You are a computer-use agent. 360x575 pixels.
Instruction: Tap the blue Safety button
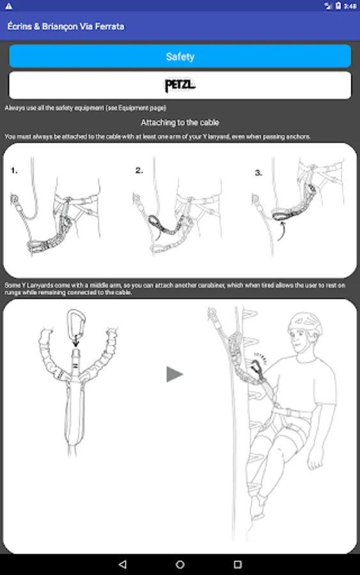pyautogui.click(x=180, y=56)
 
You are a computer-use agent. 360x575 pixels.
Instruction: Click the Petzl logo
pyautogui.click(x=180, y=85)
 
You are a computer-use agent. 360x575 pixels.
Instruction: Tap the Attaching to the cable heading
pyautogui.click(x=180, y=123)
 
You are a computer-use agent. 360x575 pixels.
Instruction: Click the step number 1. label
pyautogui.click(x=14, y=171)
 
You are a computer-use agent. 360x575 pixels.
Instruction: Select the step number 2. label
pyautogui.click(x=139, y=170)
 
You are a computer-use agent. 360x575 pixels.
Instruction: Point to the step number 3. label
pyautogui.click(x=259, y=172)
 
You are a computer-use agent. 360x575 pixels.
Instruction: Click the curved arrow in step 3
pyautogui.click(x=283, y=231)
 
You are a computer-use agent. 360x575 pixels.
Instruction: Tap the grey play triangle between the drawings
pyautogui.click(x=175, y=374)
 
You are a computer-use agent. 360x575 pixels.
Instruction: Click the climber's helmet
pyautogui.click(x=305, y=325)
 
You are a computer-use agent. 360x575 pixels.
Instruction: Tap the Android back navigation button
pyautogui.click(x=123, y=564)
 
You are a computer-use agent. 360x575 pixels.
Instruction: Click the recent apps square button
pyautogui.click(x=238, y=564)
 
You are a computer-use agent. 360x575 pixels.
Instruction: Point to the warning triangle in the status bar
pyautogui.click(x=8, y=6)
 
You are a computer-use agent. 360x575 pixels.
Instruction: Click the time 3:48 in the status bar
pyautogui.click(x=350, y=6)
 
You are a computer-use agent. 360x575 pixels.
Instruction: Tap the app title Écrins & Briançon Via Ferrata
pyautogui.click(x=66, y=26)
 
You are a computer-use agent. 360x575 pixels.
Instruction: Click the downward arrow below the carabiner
pyautogui.click(x=75, y=341)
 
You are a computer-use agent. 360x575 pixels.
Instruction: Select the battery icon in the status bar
pyautogui.click(x=338, y=6)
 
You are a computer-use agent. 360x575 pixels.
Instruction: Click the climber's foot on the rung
pyautogui.click(x=257, y=508)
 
